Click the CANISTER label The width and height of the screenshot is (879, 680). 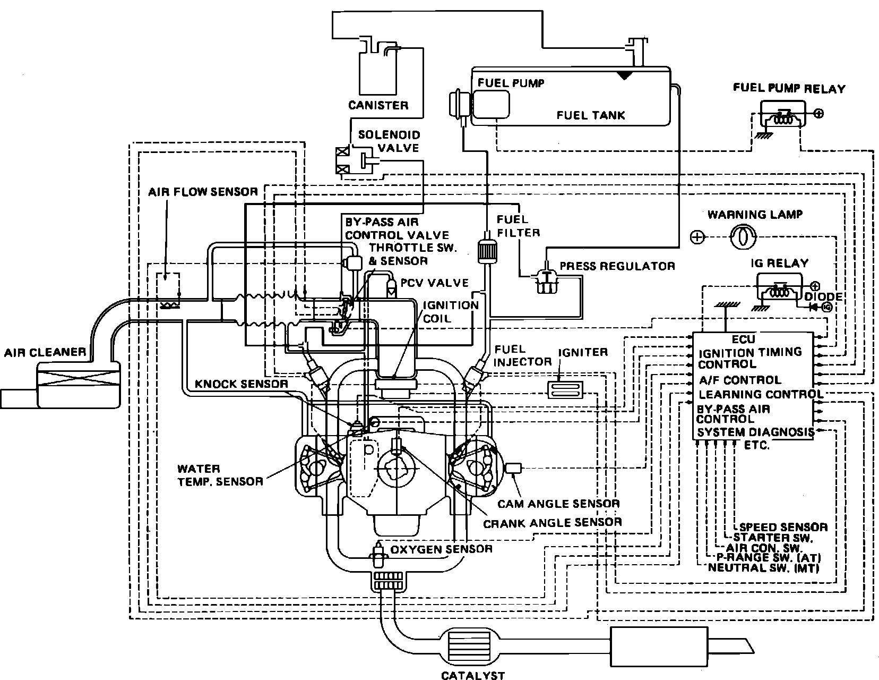point(378,105)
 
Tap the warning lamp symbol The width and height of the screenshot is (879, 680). point(742,237)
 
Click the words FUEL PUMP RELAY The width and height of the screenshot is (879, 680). point(789,88)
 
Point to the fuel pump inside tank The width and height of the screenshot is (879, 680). point(490,104)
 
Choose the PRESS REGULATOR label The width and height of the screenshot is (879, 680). point(617,266)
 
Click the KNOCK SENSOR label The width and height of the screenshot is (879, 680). point(242,384)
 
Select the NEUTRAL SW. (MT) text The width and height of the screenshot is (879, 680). point(763,567)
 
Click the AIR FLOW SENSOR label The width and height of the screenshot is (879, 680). point(203,192)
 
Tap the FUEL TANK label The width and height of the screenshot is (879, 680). point(591,115)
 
